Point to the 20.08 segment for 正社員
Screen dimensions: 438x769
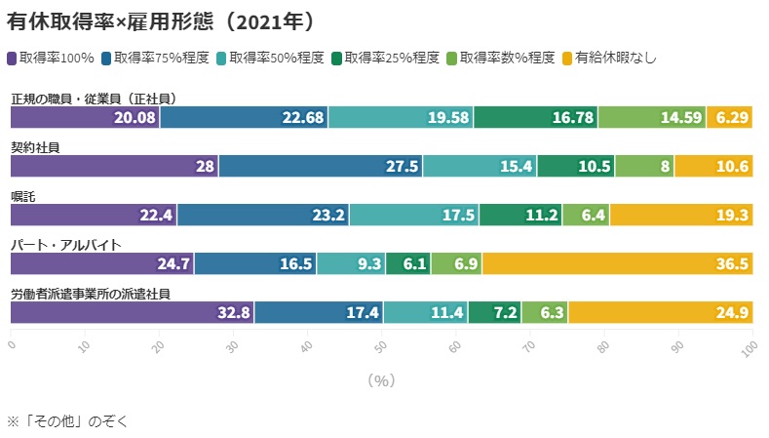pyautogui.click(x=85, y=117)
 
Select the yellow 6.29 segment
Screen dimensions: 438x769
pyautogui.click(x=729, y=117)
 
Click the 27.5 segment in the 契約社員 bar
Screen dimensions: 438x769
pyautogui.click(x=321, y=166)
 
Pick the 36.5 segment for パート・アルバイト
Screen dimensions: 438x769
pyautogui.click(x=617, y=263)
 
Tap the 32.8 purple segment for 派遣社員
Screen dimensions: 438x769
pyautogui.click(x=132, y=312)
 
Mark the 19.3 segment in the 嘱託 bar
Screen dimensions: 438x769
pyautogui.click(x=680, y=215)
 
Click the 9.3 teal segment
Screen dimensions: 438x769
pyautogui.click(x=351, y=263)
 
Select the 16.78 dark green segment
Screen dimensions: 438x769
pyautogui.click(x=536, y=117)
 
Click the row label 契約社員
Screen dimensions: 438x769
pyautogui.click(x=35, y=147)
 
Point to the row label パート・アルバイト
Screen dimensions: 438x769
pyautogui.click(x=65, y=245)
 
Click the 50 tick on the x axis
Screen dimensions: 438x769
pyautogui.click(x=381, y=345)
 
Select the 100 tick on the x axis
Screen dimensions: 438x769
pyautogui.click(x=751, y=345)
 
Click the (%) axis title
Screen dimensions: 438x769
pyautogui.click(x=381, y=380)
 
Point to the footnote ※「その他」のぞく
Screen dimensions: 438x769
pyautogui.click(x=68, y=421)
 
